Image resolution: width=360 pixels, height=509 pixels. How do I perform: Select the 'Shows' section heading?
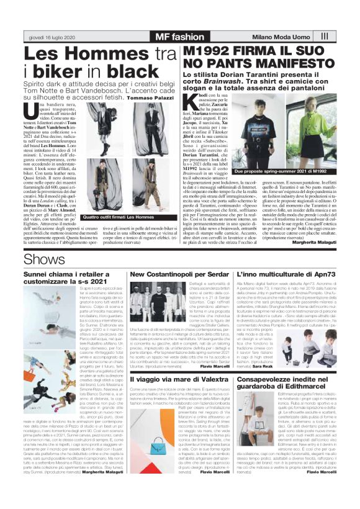click(x=40, y=258)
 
